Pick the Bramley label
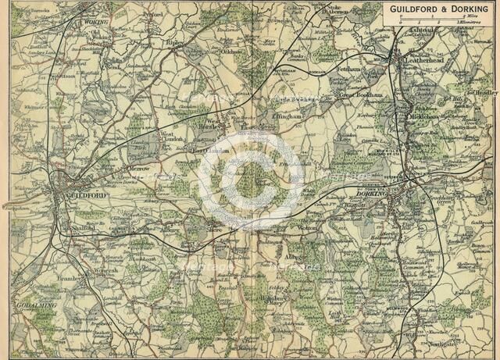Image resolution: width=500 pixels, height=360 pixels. click(73, 276)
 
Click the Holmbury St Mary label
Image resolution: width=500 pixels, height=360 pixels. click(269, 298)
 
